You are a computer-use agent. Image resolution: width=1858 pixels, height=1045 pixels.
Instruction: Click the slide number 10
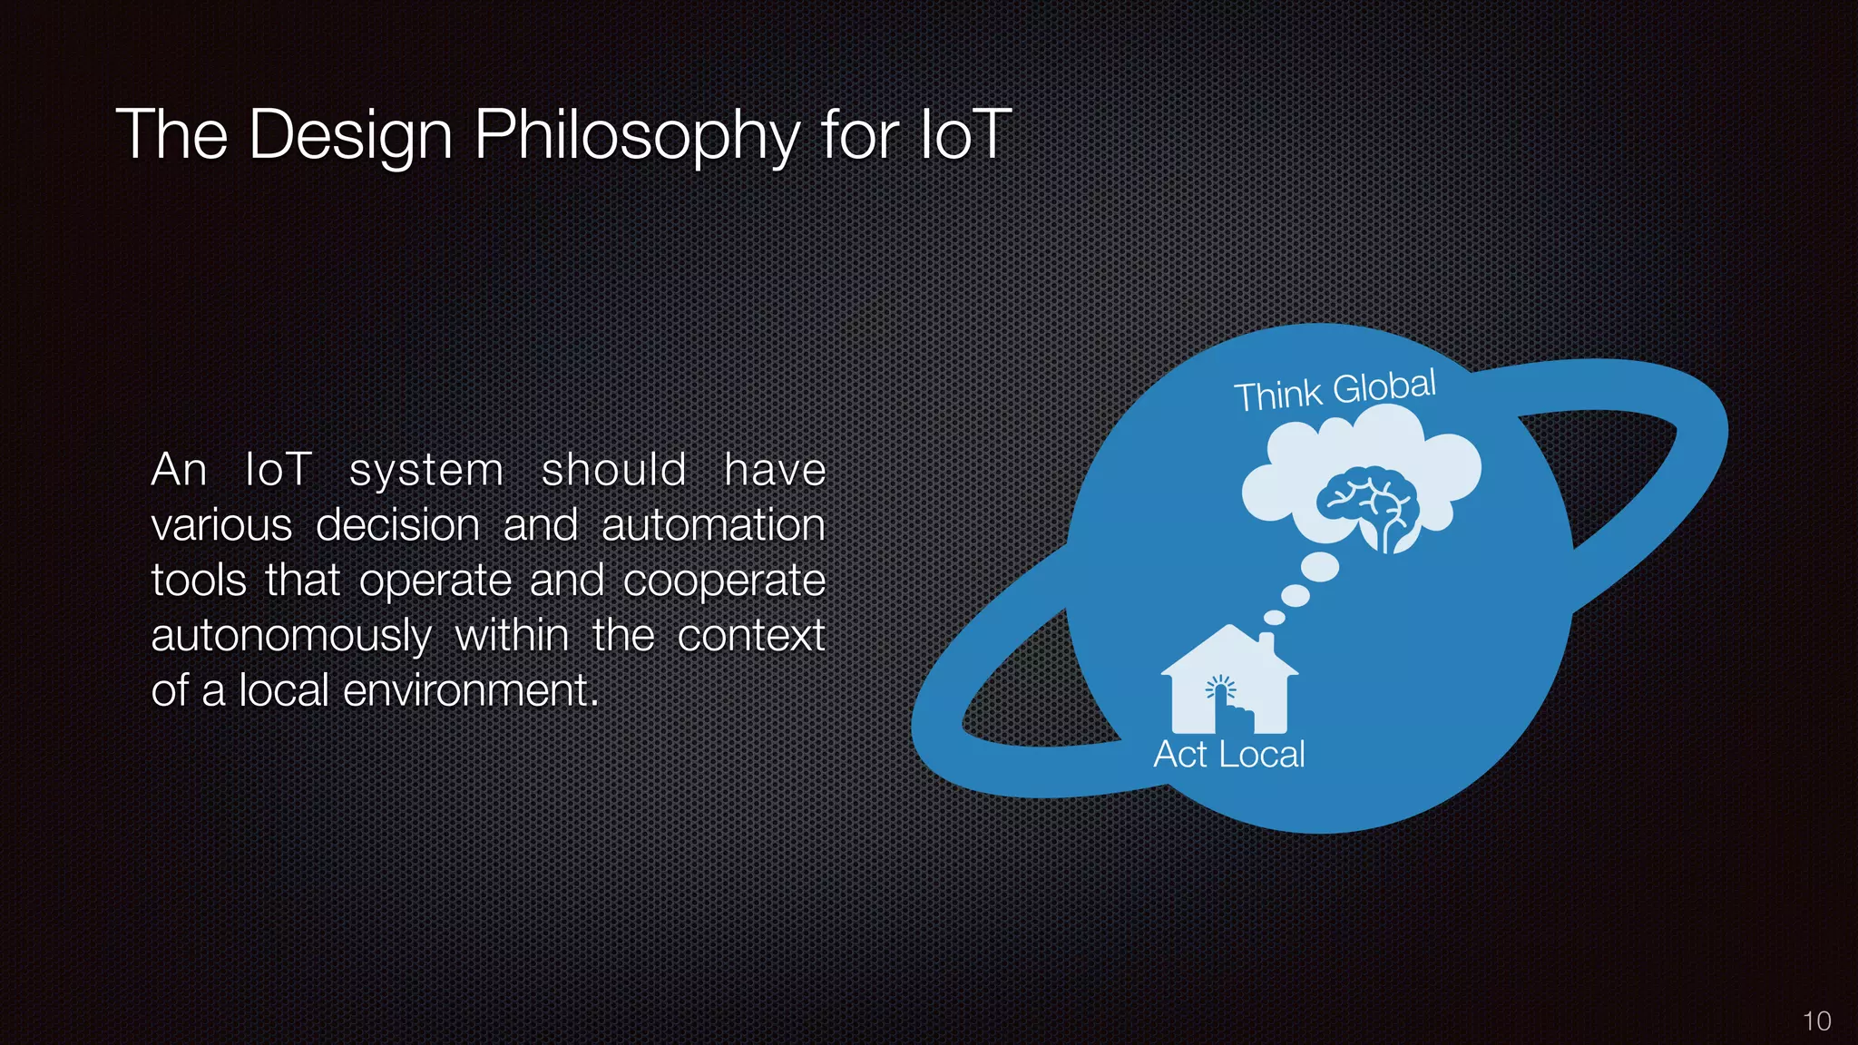click(1816, 1021)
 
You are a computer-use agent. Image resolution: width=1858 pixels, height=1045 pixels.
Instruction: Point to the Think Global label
click(1335, 390)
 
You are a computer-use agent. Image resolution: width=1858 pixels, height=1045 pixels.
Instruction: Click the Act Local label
click(1228, 755)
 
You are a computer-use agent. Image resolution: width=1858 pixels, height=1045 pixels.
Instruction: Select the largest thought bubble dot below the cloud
click(1320, 567)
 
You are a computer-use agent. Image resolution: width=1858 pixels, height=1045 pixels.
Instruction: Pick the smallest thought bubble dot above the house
click(1275, 617)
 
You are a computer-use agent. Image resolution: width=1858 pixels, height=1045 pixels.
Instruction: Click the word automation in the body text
click(713, 526)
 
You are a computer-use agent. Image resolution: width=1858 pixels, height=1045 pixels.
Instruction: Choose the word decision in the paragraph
click(397, 526)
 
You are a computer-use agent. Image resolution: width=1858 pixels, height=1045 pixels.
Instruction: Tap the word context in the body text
click(750, 636)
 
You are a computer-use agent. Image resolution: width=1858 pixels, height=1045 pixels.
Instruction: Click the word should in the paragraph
click(613, 471)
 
